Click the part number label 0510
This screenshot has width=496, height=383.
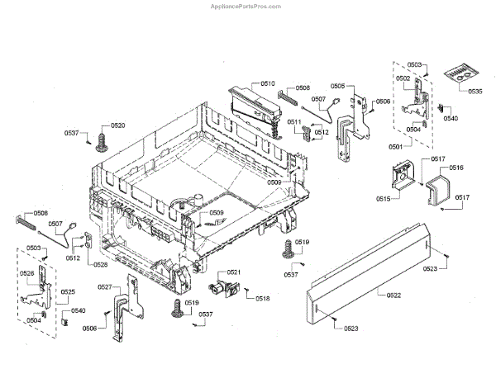267,84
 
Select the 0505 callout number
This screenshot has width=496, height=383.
337,84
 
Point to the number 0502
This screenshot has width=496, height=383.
403,78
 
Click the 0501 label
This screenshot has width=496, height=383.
396,146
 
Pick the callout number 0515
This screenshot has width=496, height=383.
384,199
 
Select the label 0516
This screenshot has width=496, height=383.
456,168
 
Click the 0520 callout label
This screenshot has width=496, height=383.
118,125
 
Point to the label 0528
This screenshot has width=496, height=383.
100,264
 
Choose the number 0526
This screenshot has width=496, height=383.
27,273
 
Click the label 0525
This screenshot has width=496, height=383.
68,291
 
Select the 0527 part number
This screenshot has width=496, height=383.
105,286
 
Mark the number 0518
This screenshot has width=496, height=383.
263,298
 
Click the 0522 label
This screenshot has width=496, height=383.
393,295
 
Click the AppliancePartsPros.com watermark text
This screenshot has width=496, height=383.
443,6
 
